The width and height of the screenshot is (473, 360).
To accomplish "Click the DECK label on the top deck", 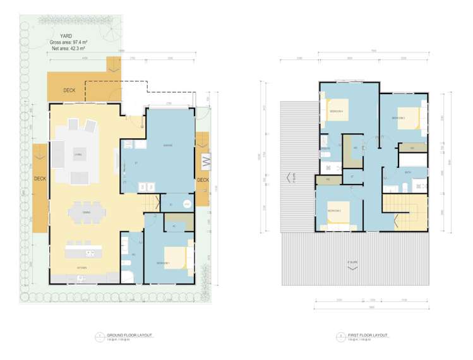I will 69,90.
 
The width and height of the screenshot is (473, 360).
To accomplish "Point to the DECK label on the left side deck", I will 40,179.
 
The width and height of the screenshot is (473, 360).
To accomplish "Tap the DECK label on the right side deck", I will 203,180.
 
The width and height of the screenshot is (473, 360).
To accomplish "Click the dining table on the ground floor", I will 87,213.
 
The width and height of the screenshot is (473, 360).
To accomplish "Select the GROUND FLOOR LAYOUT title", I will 129,335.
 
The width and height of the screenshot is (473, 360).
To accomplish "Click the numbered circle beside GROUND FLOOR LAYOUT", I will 100,337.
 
